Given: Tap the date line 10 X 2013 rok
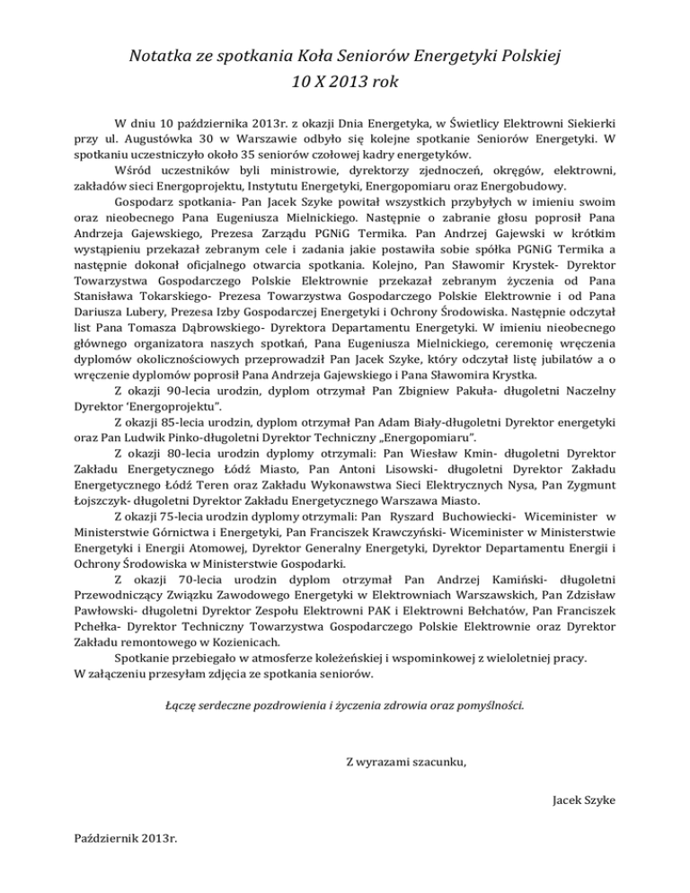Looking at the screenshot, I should click(x=345, y=86).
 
